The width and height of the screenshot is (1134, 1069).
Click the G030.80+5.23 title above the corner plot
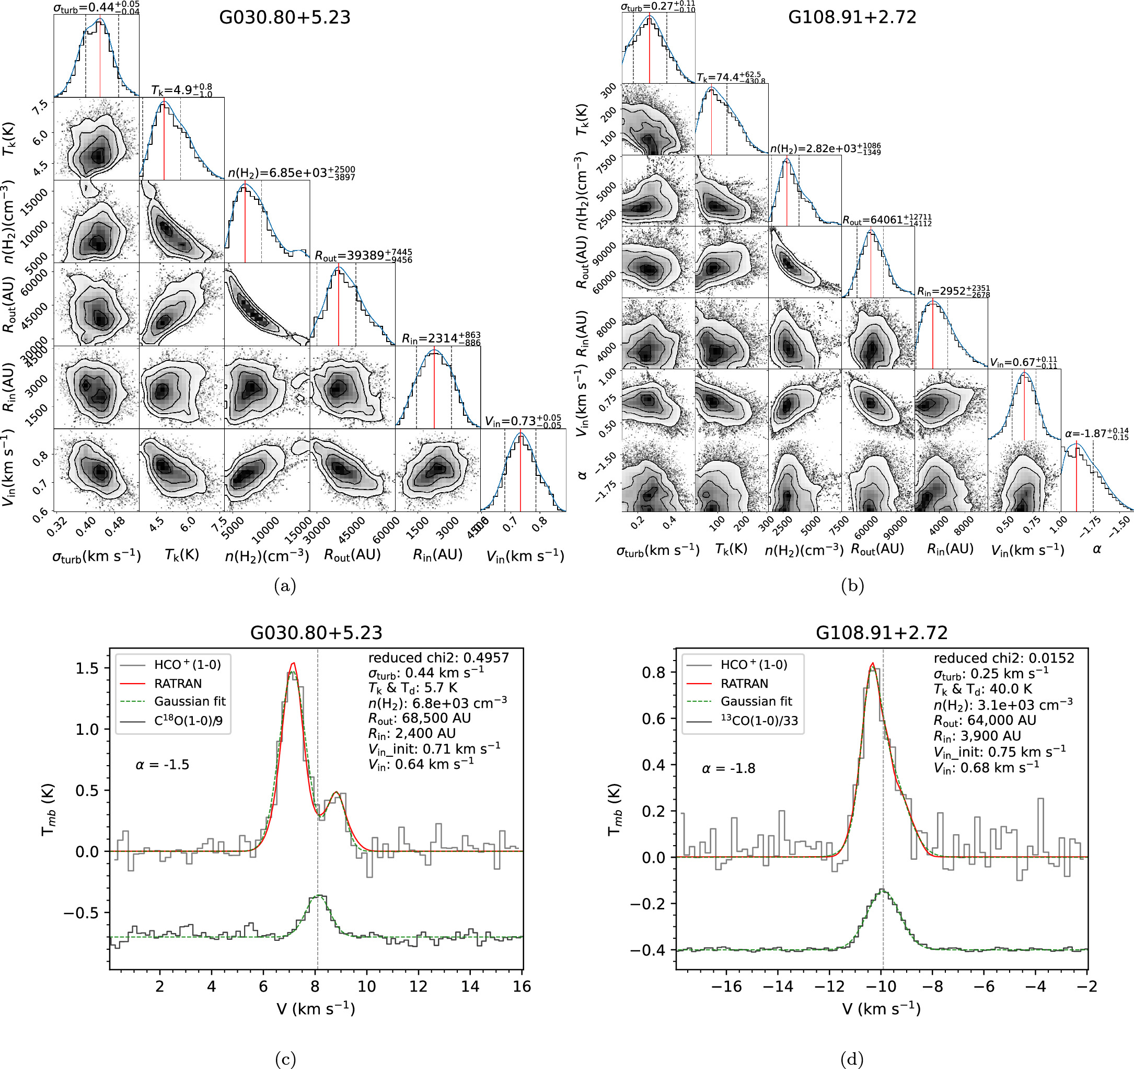tap(285, 18)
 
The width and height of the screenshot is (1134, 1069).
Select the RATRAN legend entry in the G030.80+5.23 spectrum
tap(177, 683)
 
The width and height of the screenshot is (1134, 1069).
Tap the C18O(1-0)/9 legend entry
tap(188, 721)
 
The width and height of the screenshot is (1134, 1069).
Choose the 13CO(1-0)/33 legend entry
tap(759, 721)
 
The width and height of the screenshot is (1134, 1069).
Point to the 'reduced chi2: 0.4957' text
tap(438, 658)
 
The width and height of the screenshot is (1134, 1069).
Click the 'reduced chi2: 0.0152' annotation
tap(1003, 658)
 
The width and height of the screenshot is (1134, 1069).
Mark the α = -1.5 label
tap(162, 765)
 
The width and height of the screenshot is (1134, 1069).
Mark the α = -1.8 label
tap(728, 769)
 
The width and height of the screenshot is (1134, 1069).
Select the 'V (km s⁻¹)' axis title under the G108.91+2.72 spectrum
tap(881, 1009)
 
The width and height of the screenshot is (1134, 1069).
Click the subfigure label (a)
tap(285, 586)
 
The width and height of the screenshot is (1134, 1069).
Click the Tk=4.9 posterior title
tap(181, 90)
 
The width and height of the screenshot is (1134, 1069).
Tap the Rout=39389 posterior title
tap(363, 256)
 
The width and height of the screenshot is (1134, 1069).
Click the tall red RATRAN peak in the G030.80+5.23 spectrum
tap(293, 664)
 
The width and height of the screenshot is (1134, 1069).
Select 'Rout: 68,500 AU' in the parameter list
tap(419, 718)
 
